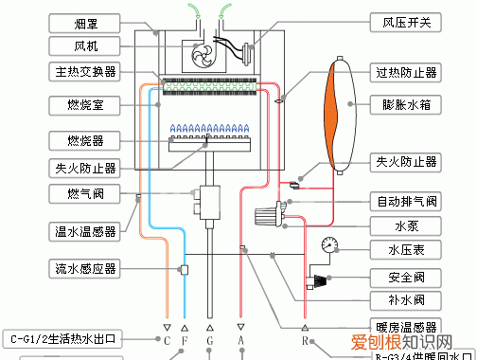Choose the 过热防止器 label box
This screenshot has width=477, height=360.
[x=405, y=72]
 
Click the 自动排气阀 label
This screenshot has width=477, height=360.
[x=405, y=201]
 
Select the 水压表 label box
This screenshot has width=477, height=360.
[x=405, y=251]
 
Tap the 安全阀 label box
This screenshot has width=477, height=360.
[x=405, y=277]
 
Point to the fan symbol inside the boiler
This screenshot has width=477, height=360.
[x=203, y=55]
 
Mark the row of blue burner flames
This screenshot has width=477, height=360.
[x=209, y=126]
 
